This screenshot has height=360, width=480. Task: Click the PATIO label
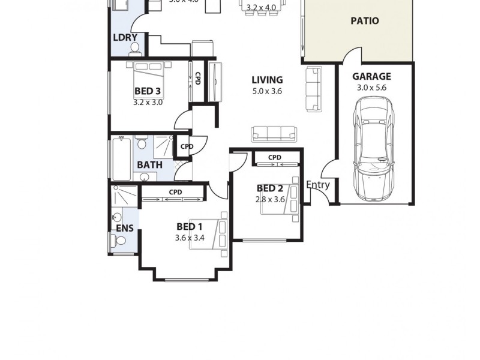tap(364, 21)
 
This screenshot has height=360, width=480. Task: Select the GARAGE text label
tap(371, 77)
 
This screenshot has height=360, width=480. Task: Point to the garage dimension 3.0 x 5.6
tap(371, 88)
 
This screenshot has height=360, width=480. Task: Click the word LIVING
tap(267, 80)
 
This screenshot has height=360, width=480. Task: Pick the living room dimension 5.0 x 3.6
tap(267, 91)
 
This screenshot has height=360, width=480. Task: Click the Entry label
tap(318, 185)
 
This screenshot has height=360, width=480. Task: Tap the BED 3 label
tap(147, 92)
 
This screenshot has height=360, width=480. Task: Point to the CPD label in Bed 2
tap(275, 158)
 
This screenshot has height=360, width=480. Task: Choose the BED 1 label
tap(189, 227)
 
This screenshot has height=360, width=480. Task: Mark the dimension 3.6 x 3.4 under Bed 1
tap(190, 238)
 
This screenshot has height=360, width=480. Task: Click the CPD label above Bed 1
tap(175, 192)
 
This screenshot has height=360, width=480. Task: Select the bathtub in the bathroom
tap(121, 158)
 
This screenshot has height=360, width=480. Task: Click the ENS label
tap(124, 228)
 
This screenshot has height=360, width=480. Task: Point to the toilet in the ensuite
tap(119, 241)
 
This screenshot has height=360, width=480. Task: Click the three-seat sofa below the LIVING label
tap(274, 133)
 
